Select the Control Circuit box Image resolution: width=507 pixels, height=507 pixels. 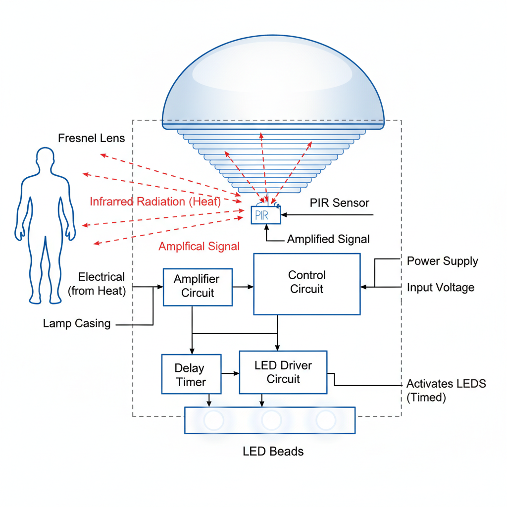[306, 284]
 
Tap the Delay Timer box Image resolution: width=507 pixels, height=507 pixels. [191, 375]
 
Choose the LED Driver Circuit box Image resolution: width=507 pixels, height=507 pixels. [283, 372]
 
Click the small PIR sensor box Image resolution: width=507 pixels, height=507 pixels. [265, 215]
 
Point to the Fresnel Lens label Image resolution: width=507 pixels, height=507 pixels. [92, 138]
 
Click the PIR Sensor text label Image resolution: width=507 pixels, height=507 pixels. [340, 203]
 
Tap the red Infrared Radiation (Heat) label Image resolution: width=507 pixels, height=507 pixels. [155, 202]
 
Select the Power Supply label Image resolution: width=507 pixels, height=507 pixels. [443, 261]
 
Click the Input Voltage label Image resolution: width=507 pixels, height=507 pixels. [441, 287]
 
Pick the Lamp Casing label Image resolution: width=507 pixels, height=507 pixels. [77, 324]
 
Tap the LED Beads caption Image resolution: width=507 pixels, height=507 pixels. [273, 451]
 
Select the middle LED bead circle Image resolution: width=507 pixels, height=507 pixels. [271, 420]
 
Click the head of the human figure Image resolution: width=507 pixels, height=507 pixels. [45, 159]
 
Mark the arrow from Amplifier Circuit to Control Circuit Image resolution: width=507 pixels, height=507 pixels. [243, 286]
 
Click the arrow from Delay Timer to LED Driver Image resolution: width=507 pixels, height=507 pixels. [230, 374]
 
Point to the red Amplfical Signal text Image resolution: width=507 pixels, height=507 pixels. [199, 246]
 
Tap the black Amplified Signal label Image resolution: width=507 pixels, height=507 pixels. [328, 239]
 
